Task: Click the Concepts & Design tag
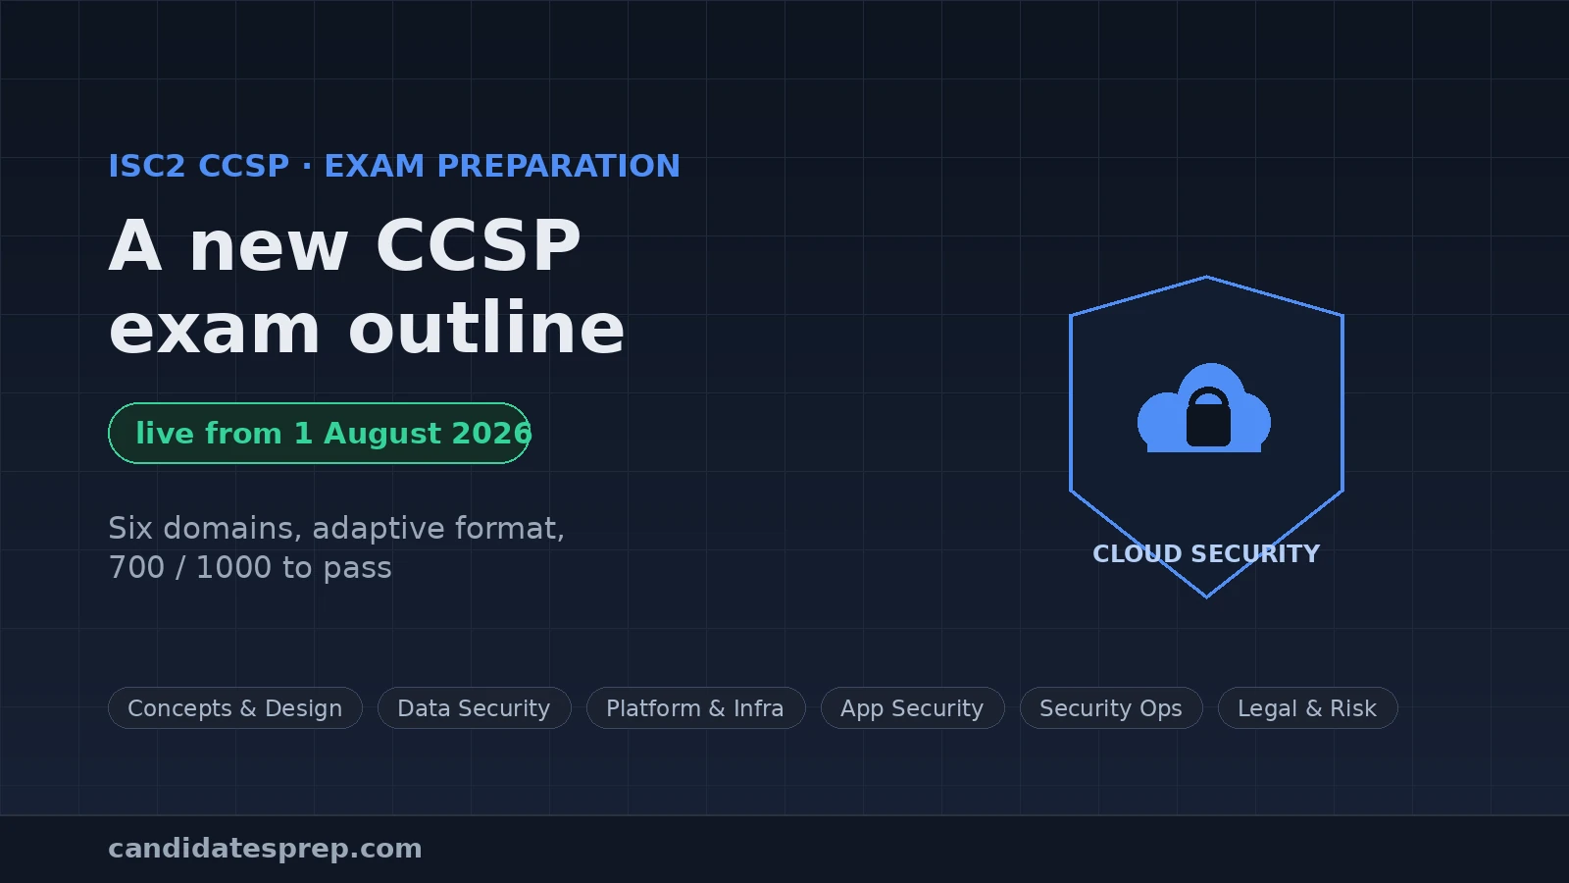[234, 707]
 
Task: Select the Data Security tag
[475, 707]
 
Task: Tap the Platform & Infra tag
[695, 707]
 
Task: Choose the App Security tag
[912, 707]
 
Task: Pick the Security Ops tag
[1111, 707]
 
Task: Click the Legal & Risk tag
[1307, 707]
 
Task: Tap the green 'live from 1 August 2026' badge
[319, 433]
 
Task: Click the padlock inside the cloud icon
[1208, 418]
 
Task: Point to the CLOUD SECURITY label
[1206, 553]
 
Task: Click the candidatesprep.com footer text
[265, 849]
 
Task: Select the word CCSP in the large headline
[479, 245]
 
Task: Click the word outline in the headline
[486, 328]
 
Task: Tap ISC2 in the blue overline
[146, 166]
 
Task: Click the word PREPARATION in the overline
[558, 166]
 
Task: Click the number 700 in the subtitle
[136, 568]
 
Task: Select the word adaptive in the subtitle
[379, 529]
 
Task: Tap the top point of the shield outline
[1206, 277]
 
